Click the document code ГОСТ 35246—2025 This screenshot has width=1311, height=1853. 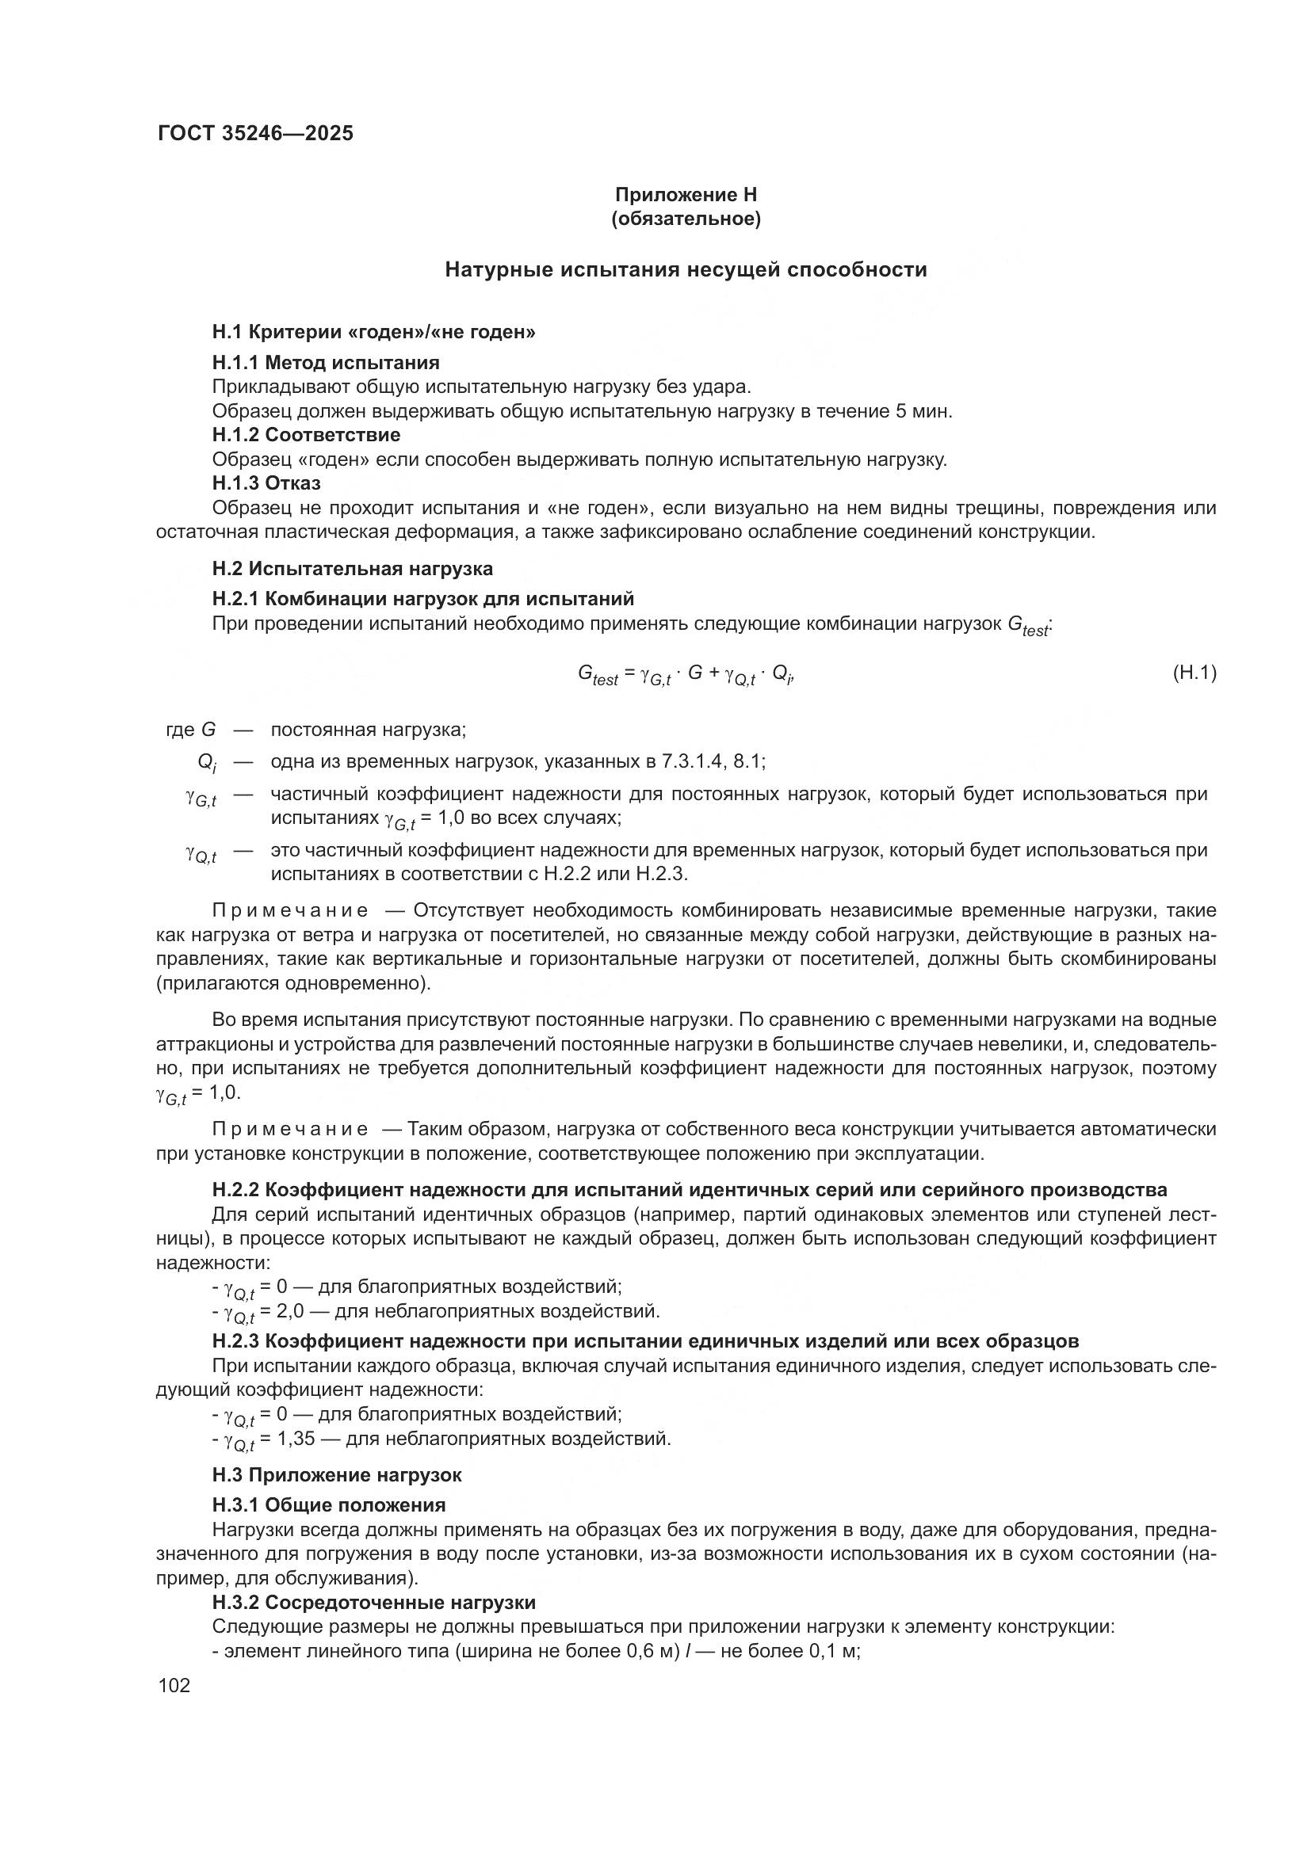tap(256, 133)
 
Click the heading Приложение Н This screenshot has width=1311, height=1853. tap(686, 195)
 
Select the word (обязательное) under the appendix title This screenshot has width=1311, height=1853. tap(686, 219)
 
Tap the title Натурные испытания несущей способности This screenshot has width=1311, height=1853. tap(686, 269)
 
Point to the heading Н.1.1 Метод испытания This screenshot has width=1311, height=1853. tap(326, 362)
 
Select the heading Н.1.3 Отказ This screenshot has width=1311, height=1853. tap(266, 483)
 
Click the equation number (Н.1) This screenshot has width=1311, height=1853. tap(1194, 673)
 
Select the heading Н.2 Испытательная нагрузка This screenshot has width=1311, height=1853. tap(353, 568)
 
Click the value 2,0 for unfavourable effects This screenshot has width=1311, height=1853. tap(287, 1310)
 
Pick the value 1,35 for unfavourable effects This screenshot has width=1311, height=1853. tap(292, 1438)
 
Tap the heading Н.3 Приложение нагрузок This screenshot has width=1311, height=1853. tap(337, 1475)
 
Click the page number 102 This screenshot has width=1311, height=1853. tap(174, 1686)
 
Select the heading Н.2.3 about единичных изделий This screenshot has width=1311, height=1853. tap(646, 1341)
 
